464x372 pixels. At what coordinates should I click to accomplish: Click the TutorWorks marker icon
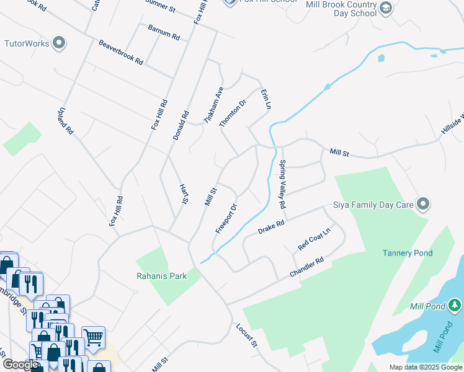click(60, 43)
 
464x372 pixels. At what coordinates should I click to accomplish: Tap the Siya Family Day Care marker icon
click(423, 204)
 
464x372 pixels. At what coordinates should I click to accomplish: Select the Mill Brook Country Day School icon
click(385, 8)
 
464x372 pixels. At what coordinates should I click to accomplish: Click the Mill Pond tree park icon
click(455, 305)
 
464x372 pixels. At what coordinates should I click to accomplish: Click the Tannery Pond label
click(408, 253)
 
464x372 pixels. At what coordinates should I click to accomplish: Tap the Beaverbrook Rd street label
click(121, 53)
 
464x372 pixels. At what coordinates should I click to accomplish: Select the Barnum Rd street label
click(164, 32)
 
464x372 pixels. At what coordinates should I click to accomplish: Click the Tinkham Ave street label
click(213, 104)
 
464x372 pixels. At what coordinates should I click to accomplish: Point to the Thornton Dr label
click(233, 113)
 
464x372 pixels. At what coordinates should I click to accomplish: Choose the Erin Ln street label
click(265, 99)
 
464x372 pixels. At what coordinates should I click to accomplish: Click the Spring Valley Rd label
click(282, 184)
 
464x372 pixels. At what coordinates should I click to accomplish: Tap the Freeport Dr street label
click(226, 218)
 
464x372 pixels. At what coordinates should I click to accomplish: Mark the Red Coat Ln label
click(313, 239)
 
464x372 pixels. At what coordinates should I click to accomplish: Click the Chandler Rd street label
click(306, 268)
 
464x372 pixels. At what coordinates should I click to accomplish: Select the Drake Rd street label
click(271, 227)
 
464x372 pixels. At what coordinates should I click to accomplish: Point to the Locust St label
click(246, 335)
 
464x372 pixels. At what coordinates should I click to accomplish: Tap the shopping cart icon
click(93, 338)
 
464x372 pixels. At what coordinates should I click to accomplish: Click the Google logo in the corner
click(20, 365)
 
